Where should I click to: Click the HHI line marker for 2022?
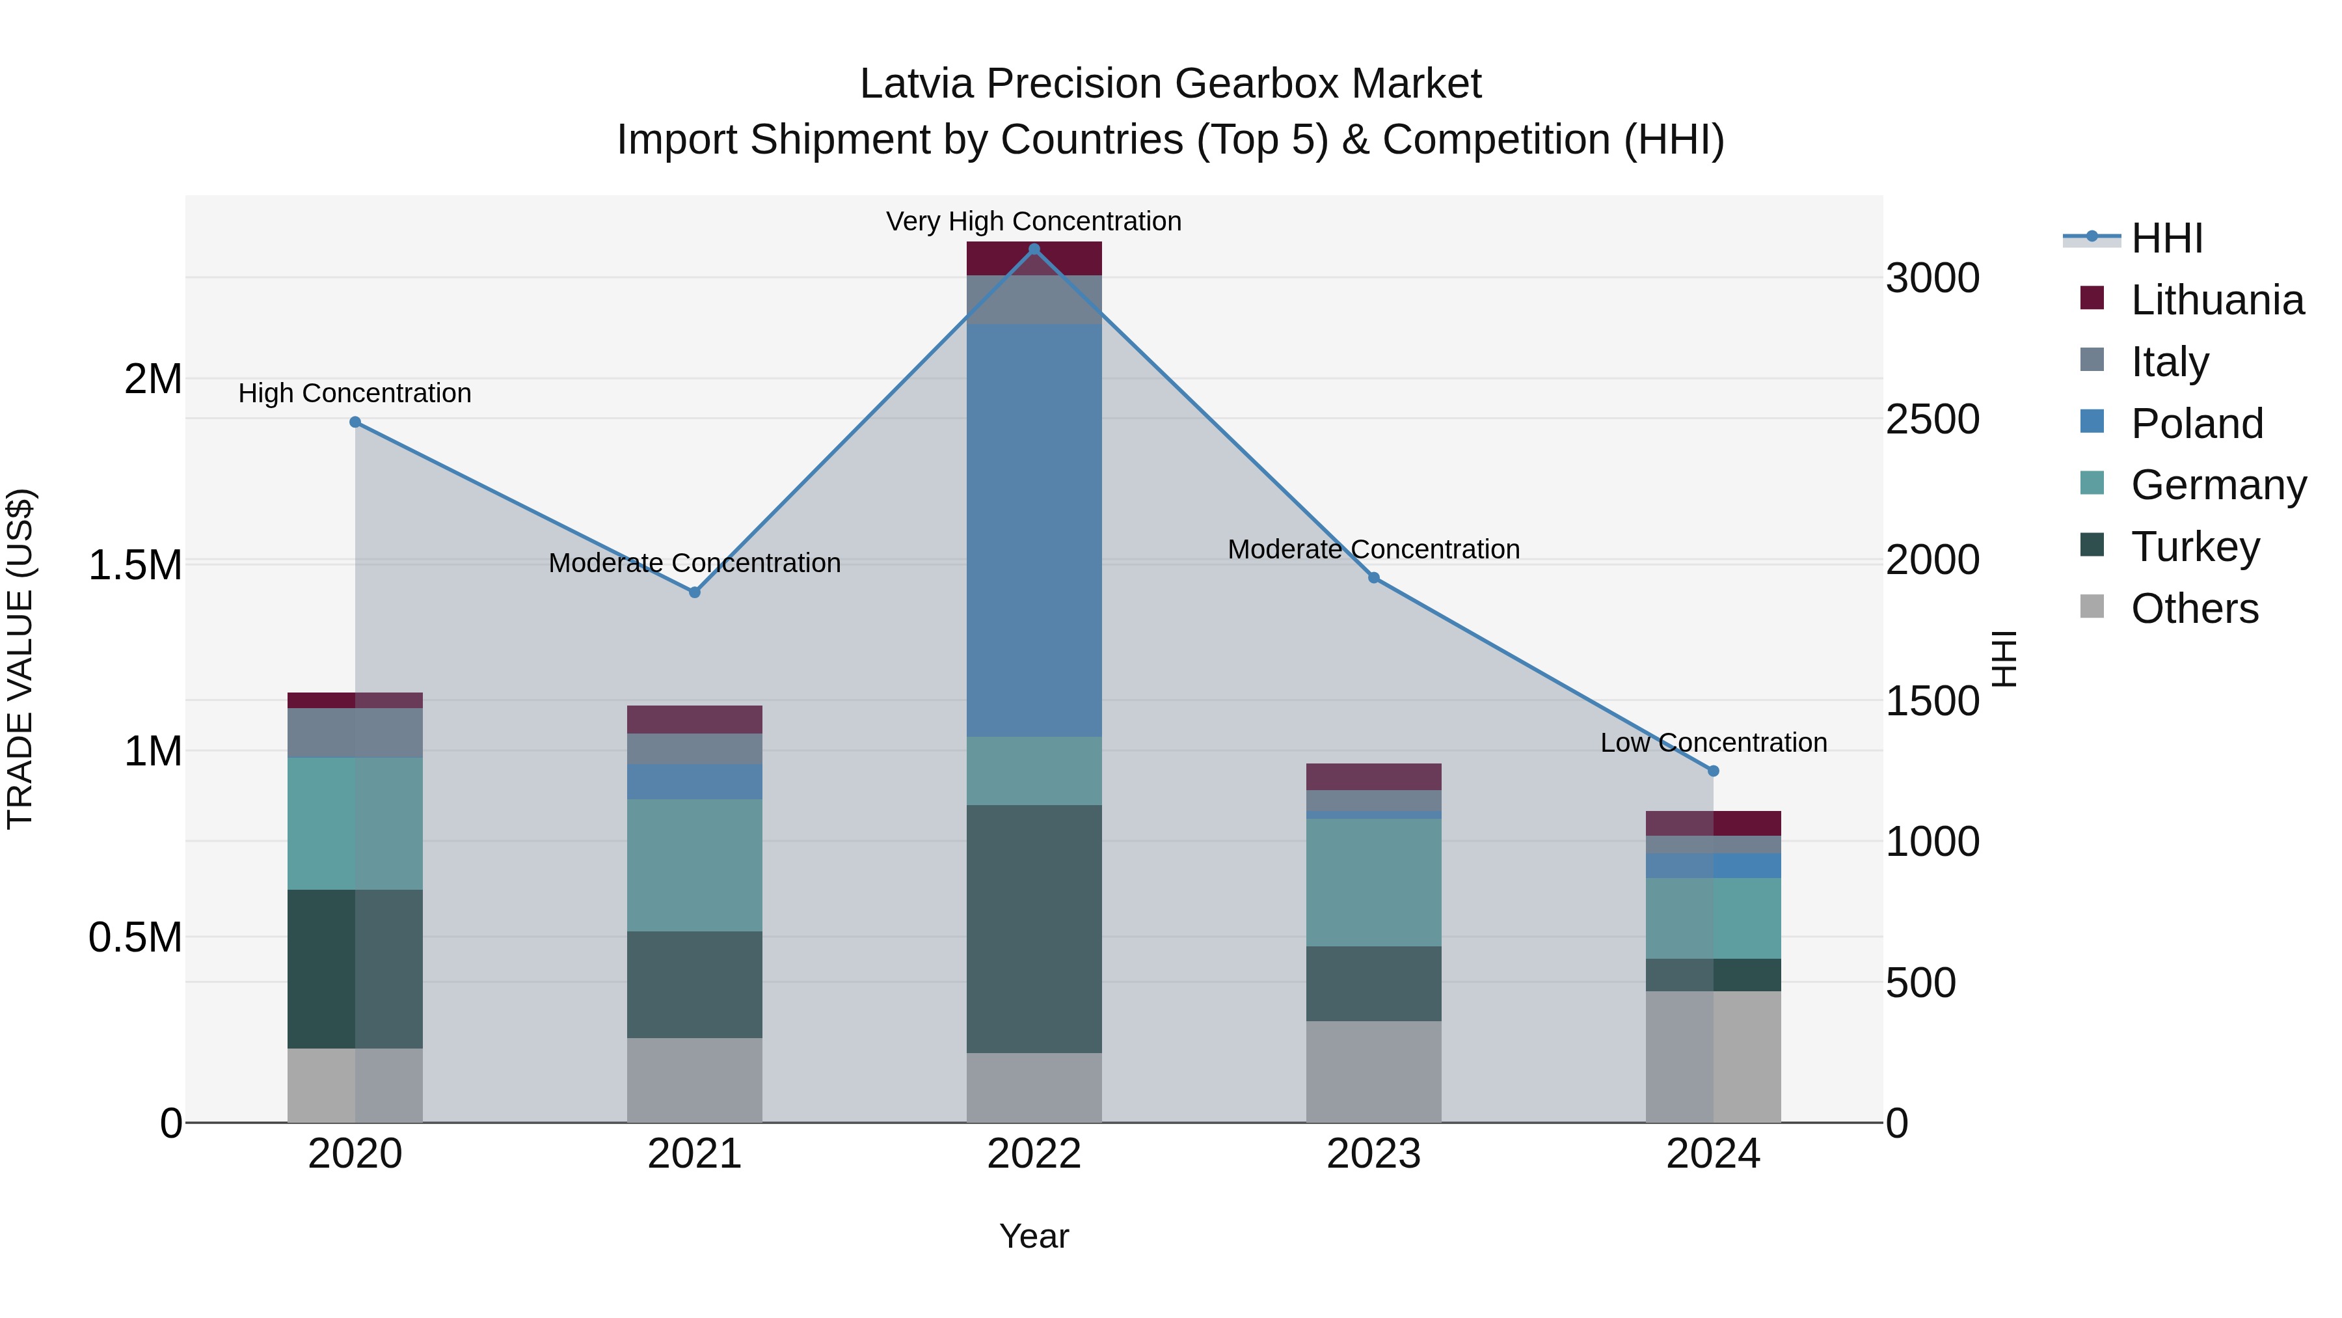pyautogui.click(x=1034, y=249)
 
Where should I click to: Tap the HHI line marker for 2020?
pyautogui.click(x=355, y=422)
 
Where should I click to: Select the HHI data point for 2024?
pyautogui.click(x=1713, y=771)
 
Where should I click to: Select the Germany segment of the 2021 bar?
pyautogui.click(x=695, y=865)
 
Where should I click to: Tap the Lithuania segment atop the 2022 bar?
pyautogui.click(x=1034, y=258)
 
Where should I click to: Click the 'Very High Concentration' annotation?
pyautogui.click(x=1034, y=222)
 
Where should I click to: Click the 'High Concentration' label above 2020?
pyautogui.click(x=355, y=394)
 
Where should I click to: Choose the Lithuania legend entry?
pyautogui.click(x=2216, y=300)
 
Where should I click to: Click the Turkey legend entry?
pyautogui.click(x=2195, y=547)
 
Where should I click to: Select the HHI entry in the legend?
pyautogui.click(x=2166, y=238)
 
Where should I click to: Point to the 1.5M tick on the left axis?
pyautogui.click(x=135, y=565)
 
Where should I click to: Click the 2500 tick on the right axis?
pyautogui.click(x=1933, y=419)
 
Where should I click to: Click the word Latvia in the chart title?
pyautogui.click(x=917, y=84)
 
